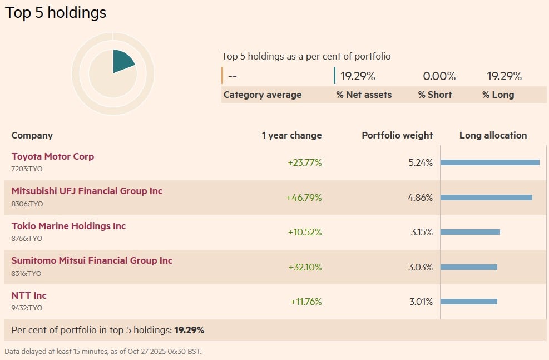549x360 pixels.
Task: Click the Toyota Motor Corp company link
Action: (53, 156)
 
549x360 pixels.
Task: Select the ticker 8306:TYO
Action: (27, 204)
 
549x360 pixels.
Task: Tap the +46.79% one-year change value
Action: (304, 198)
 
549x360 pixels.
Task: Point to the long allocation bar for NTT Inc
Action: (468, 302)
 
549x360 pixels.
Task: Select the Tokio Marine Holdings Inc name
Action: (68, 226)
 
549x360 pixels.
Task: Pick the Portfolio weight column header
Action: (397, 135)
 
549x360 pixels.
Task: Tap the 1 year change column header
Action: (291, 135)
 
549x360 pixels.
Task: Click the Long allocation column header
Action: (493, 135)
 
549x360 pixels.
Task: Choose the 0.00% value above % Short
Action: (439, 76)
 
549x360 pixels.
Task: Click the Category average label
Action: (263, 95)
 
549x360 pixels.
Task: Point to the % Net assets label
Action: (364, 95)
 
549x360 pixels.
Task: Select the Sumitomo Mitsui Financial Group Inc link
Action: (92, 260)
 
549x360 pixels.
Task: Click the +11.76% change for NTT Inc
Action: (306, 302)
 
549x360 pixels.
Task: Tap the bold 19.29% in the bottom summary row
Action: (189, 330)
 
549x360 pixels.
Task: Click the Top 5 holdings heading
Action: (56, 12)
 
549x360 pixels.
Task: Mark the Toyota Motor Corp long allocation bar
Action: (489, 162)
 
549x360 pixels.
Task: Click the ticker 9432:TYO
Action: (27, 308)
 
